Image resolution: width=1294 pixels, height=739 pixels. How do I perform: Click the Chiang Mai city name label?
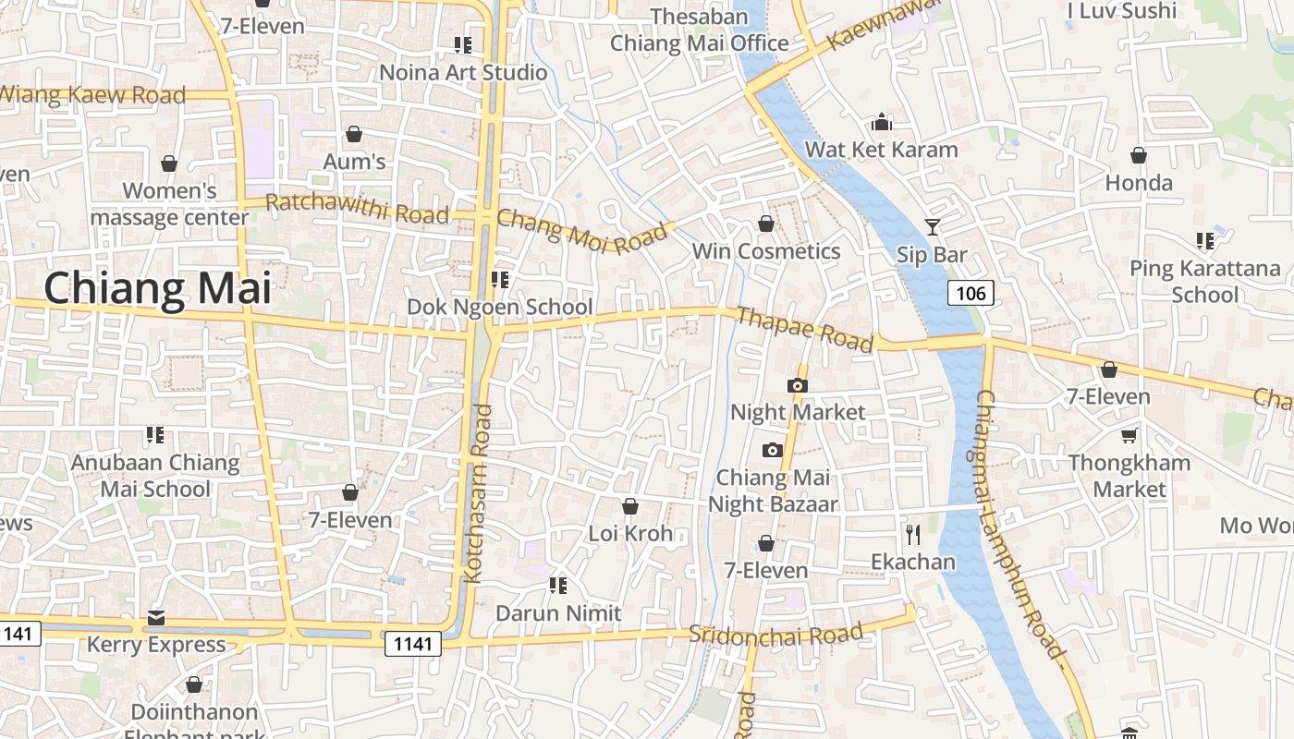pos(157,288)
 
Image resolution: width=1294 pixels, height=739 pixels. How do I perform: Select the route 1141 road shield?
pos(412,644)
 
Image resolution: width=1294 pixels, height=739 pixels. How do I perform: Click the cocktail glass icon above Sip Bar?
pos(932,226)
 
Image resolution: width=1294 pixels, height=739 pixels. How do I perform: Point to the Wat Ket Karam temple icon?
pos(882,122)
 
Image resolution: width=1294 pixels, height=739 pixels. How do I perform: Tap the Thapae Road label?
pos(804,330)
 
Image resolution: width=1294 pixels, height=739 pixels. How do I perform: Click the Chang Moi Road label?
pos(581,233)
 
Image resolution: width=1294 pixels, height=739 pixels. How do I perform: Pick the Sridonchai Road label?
pos(776,635)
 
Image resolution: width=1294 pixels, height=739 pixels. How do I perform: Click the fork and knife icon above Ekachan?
pos(913,534)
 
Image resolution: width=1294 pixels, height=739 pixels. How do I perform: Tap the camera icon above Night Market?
pos(798,385)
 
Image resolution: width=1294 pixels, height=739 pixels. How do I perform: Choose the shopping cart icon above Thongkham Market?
pos(1129,434)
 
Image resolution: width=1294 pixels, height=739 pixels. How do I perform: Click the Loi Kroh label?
pos(630,533)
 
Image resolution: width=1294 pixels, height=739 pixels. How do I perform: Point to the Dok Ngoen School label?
pos(500,307)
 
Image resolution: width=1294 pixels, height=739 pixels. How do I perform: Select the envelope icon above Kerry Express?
pos(155,617)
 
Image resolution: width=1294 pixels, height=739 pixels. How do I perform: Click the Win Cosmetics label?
pos(766,251)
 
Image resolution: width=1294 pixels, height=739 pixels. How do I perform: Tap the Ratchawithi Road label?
pos(358,209)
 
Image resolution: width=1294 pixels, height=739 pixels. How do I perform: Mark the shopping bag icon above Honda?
pos(1139,155)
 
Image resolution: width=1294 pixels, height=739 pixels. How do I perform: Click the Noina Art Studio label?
pos(464,72)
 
